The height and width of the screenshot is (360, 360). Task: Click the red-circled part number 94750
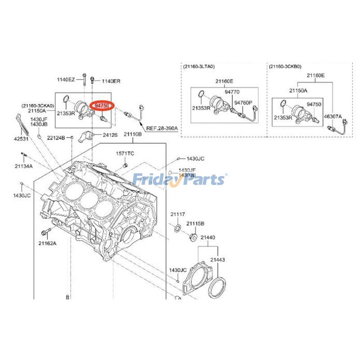(103, 105)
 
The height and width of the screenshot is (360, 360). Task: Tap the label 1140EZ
(66, 80)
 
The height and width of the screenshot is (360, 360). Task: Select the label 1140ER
(111, 81)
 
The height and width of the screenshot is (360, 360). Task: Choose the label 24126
(111, 134)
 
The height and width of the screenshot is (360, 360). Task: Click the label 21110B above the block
(133, 134)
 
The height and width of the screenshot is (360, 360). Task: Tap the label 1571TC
(125, 153)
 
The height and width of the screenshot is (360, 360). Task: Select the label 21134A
(23, 166)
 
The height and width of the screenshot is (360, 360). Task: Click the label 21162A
(47, 243)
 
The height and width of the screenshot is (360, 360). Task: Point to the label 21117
(178, 214)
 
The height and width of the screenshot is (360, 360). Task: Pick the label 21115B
(196, 224)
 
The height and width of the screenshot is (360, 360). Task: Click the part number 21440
(207, 237)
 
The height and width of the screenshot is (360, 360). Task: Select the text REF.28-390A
(162, 128)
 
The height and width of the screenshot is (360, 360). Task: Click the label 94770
(232, 91)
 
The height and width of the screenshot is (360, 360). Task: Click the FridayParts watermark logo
(180, 180)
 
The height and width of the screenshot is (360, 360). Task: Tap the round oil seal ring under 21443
(218, 288)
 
